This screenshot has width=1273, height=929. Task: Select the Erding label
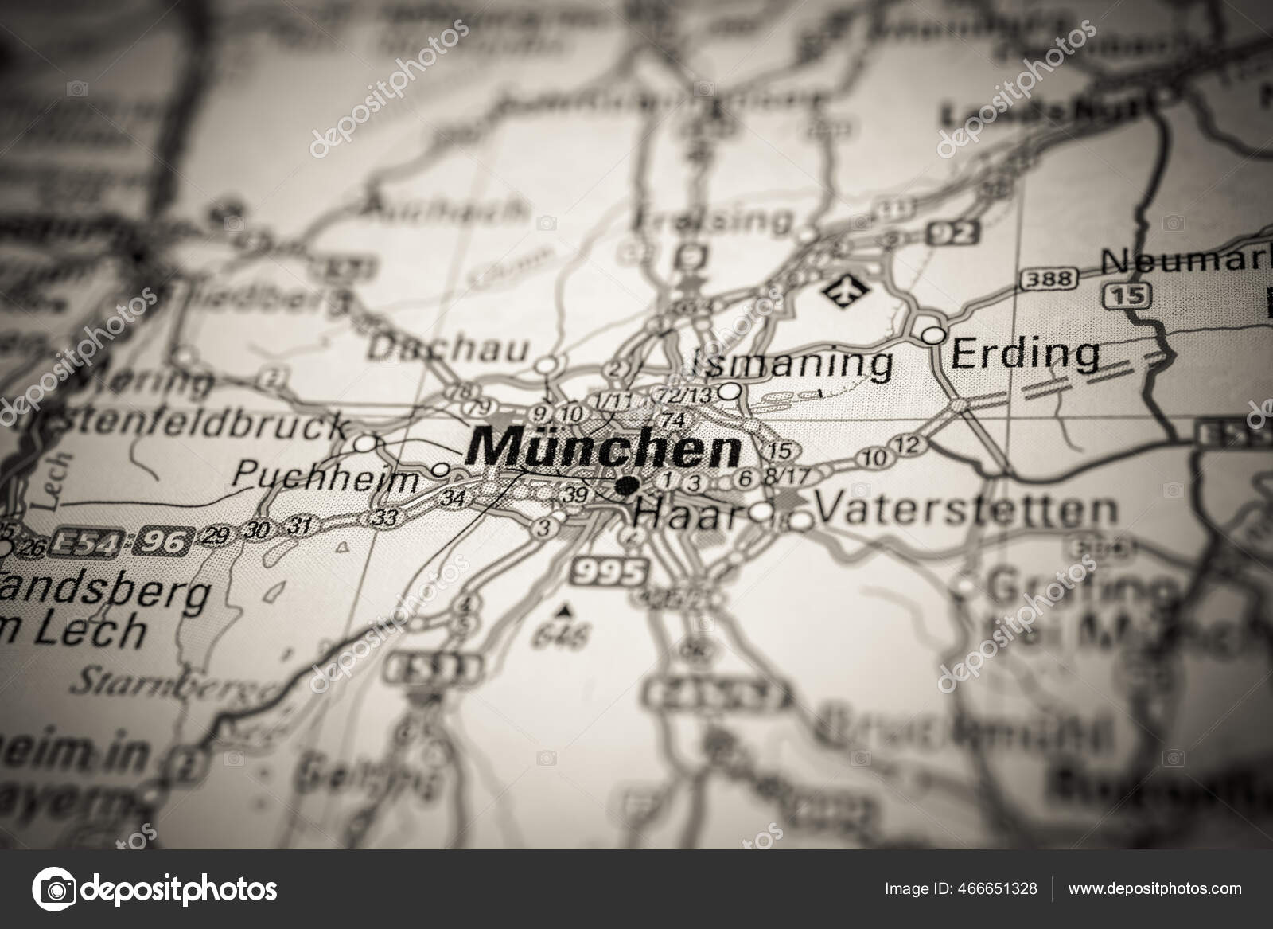pyautogui.click(x=1026, y=353)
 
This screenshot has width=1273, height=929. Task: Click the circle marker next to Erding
pyautogui.click(x=934, y=334)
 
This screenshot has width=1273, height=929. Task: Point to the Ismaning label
pyautogui.click(x=793, y=365)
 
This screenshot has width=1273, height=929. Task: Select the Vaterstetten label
pyautogui.click(x=967, y=509)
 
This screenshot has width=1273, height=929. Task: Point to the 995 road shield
pyautogui.click(x=609, y=572)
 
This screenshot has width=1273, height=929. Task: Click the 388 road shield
pyautogui.click(x=1049, y=279)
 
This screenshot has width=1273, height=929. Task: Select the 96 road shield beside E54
pyautogui.click(x=161, y=543)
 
